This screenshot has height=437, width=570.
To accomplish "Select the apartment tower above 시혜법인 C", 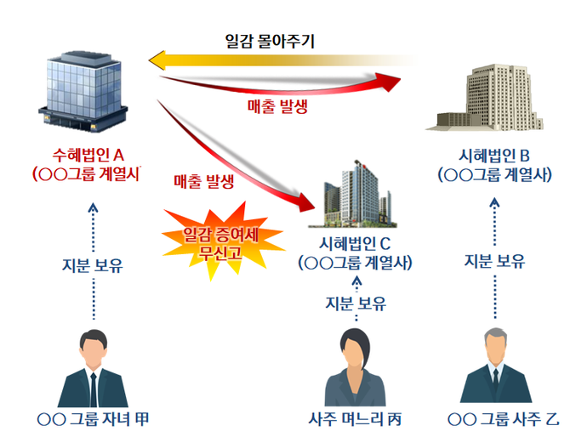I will coord(356,195).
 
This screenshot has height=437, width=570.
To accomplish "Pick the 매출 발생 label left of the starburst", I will coord(205,180).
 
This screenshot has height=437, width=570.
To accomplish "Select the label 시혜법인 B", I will coord(493,155).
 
